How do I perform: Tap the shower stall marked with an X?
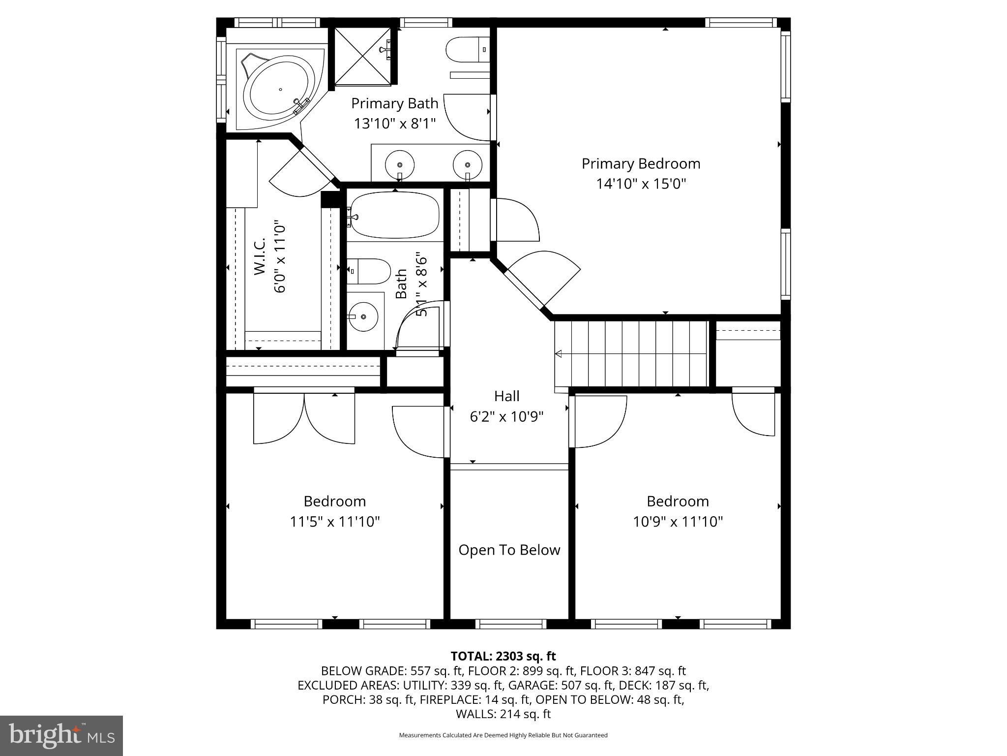coord(363,56)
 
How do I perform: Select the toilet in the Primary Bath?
coord(467,50)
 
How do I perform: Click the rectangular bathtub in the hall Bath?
coord(395,215)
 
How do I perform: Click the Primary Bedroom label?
coord(641,163)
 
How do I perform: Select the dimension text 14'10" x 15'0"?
coord(641,184)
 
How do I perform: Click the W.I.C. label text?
coord(260,256)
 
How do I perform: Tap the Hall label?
coord(506,396)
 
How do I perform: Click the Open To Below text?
coord(509,550)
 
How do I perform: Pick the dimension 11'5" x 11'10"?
coord(334,522)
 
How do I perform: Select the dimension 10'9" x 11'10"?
coord(678,522)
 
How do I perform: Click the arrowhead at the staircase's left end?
coord(559,353)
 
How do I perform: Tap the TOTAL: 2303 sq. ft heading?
coord(503,656)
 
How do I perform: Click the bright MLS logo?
coord(61,735)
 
